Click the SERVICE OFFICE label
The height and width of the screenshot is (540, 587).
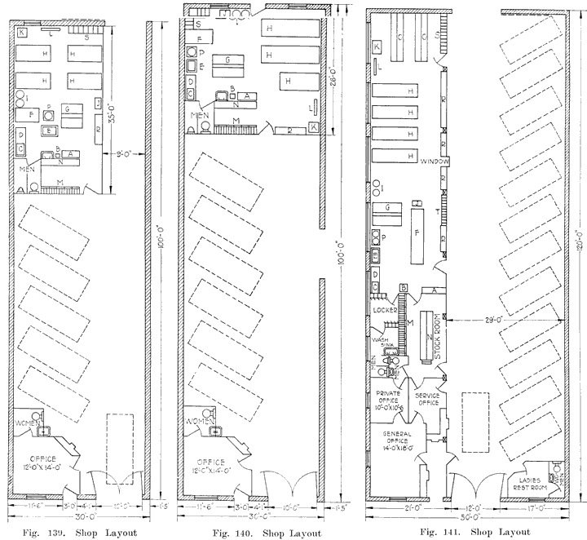pos(428,399)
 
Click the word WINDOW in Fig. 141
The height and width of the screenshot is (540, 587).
pos(435,162)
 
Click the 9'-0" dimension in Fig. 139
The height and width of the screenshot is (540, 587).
pos(126,152)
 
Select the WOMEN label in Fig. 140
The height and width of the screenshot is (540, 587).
pos(201,421)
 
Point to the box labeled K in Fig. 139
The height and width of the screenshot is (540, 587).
pos(22,32)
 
